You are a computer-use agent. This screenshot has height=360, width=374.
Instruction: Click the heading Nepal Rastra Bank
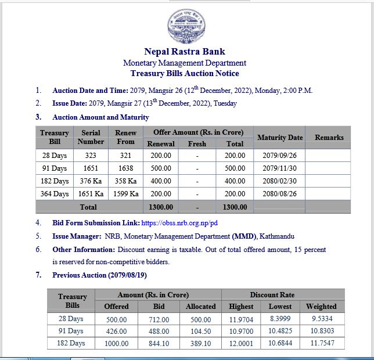coord(185,52)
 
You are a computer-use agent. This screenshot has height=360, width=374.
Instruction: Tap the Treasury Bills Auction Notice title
coord(185,73)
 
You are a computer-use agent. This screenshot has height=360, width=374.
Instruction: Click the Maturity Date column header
coord(279,138)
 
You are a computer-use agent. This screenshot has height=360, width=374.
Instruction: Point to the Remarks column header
coord(329,138)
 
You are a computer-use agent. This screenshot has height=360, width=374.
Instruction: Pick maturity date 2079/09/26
coord(279,156)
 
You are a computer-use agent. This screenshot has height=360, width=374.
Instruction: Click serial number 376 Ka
coord(91,181)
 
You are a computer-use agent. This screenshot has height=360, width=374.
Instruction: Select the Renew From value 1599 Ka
coord(125,194)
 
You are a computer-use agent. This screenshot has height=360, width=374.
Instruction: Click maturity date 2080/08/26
coord(279,194)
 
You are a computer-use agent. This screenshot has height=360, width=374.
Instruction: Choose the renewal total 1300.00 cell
coord(161,207)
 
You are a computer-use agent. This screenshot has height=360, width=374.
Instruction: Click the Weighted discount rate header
coord(321,306)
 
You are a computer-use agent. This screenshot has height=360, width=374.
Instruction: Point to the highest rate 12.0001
coord(241,343)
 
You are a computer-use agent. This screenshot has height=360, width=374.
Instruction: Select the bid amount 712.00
coord(158,319)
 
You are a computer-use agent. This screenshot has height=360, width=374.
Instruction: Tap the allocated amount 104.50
coord(200,331)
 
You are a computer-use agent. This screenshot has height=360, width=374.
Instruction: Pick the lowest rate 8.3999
coord(280,319)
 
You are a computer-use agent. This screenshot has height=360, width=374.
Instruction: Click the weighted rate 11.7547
coord(321,343)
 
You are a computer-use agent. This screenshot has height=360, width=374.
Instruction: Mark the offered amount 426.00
coord(116,331)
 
